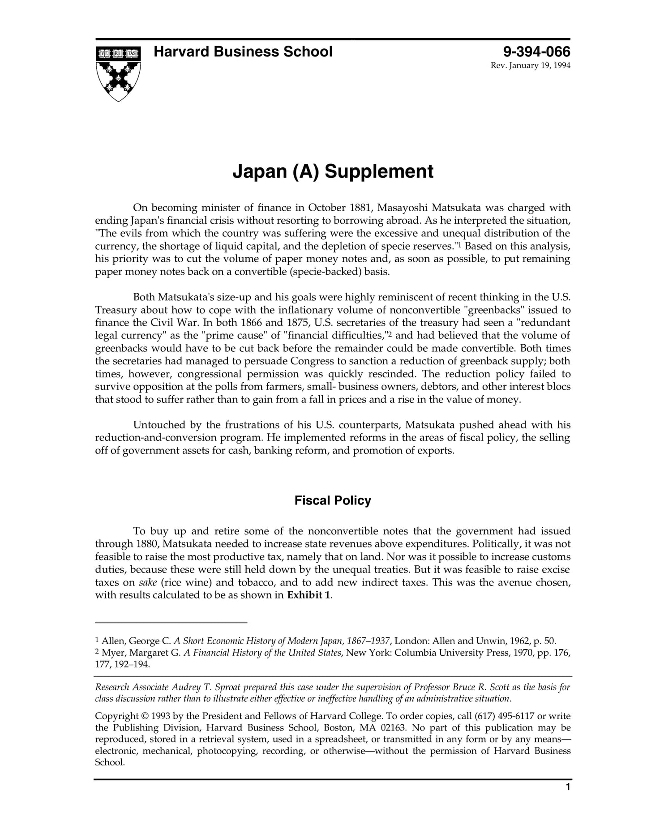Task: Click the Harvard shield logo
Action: [x=118, y=73]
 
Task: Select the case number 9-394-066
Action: [x=537, y=52]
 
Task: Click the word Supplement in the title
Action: [x=379, y=171]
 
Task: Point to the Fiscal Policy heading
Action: [x=333, y=500]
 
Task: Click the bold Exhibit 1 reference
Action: [x=309, y=595]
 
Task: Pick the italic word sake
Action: [x=147, y=582]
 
